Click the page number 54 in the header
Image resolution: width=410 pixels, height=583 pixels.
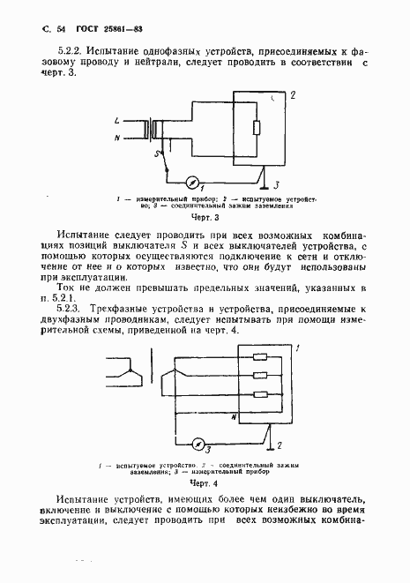coord(48,33)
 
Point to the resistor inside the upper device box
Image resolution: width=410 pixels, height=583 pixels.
coord(257,129)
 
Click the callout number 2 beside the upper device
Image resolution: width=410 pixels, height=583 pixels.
coord(294,93)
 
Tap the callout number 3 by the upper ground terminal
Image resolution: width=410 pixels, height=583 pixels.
coord(276,185)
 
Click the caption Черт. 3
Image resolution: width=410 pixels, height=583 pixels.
coord(205,216)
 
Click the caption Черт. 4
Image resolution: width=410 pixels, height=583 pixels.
coord(204,483)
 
